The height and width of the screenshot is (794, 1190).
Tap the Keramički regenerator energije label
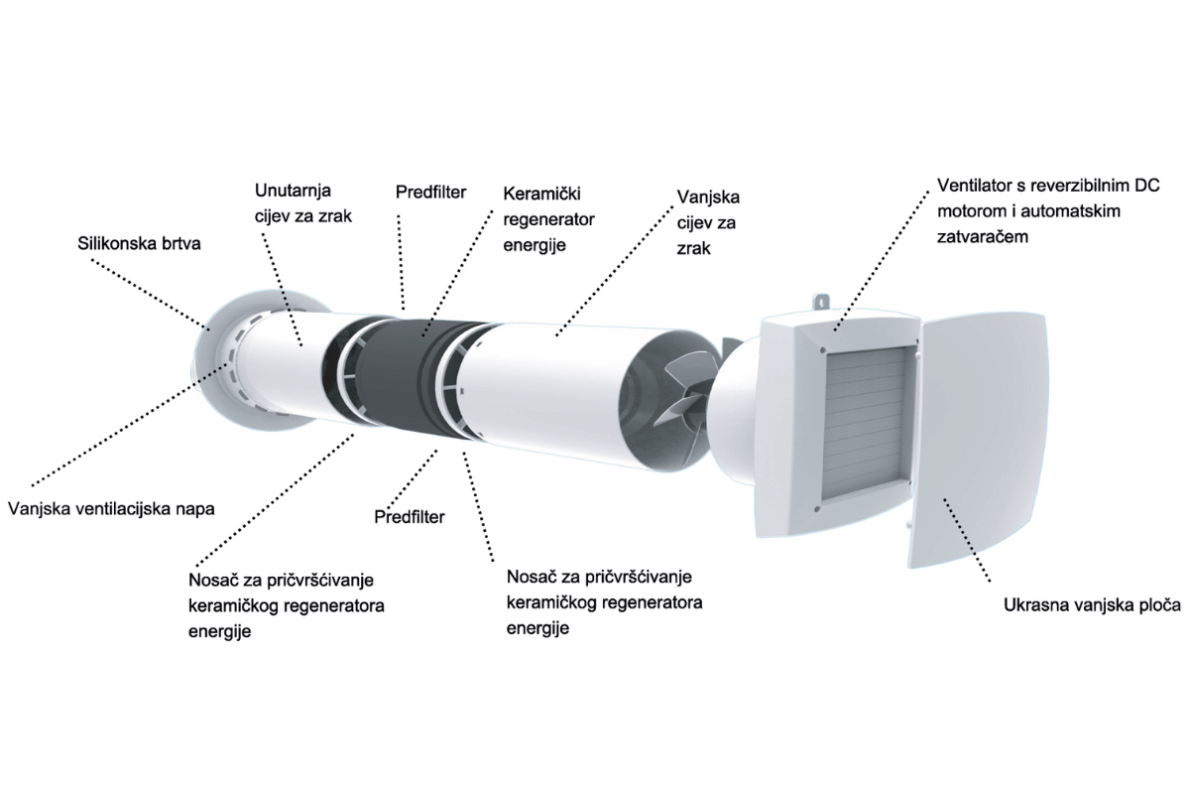click(548, 217)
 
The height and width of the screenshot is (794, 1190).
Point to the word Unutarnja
click(293, 189)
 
